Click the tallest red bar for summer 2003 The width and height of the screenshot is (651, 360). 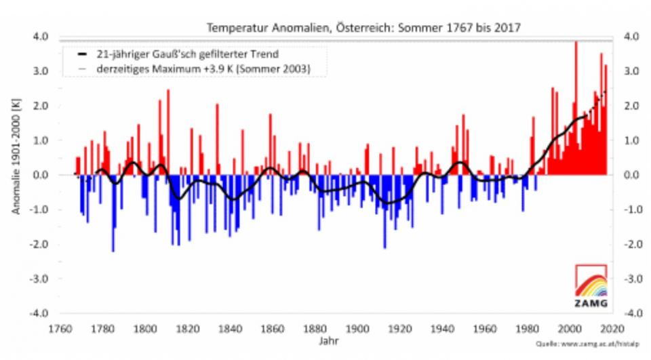pyautogui.click(x=576, y=108)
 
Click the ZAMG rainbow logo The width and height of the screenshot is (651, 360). pyautogui.click(x=591, y=285)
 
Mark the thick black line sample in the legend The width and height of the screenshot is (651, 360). pyautogui.click(x=82, y=53)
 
